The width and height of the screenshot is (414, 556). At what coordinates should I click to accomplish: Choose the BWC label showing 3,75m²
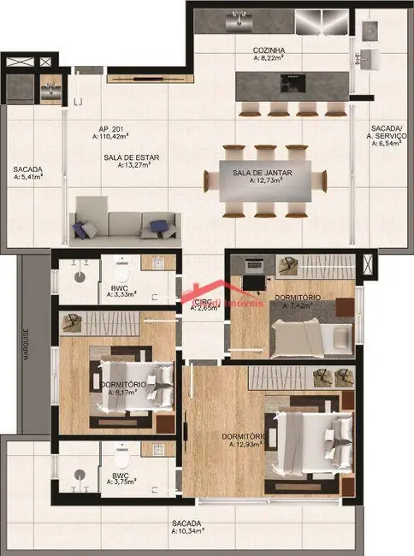118,477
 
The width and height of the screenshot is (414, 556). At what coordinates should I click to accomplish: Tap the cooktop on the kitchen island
292,83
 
